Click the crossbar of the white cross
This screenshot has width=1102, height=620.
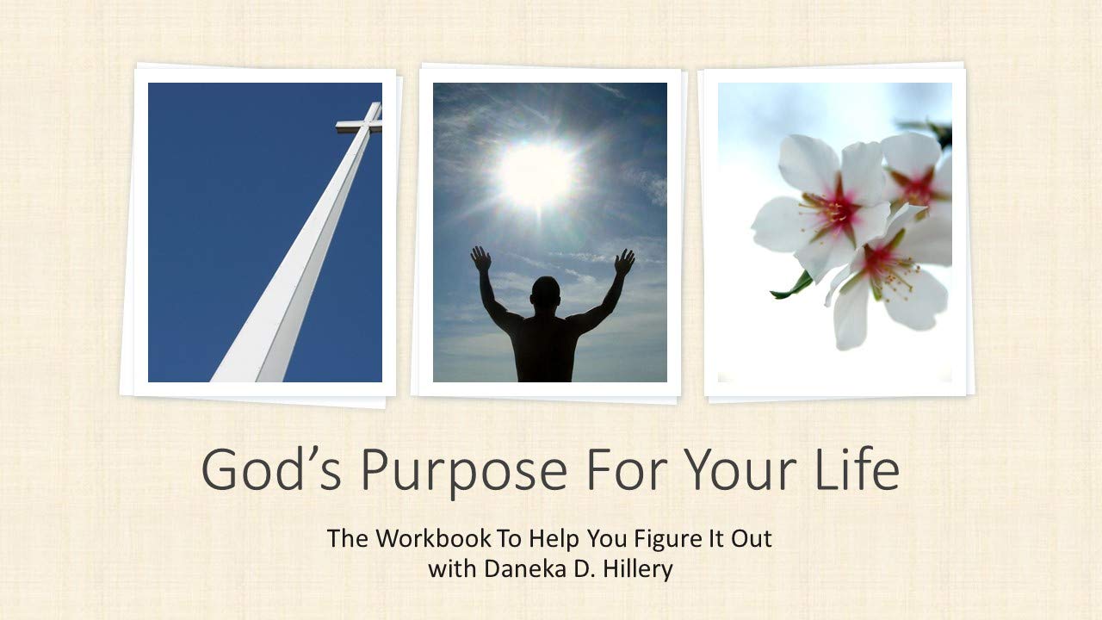click(358, 126)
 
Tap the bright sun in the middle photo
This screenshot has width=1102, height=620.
click(536, 173)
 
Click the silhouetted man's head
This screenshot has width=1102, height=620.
click(544, 295)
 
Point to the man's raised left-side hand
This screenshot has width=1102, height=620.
click(480, 259)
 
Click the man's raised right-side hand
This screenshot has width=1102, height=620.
click(624, 262)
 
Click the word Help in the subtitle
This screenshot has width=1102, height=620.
click(552, 540)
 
